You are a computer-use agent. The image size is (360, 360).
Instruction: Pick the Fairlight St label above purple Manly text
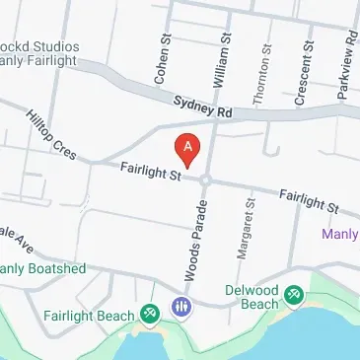(309, 201)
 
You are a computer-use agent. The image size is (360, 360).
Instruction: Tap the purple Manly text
(339, 235)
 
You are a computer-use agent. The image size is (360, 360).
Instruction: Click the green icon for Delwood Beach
(294, 294)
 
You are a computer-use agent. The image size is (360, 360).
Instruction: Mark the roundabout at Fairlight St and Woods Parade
(205, 180)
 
